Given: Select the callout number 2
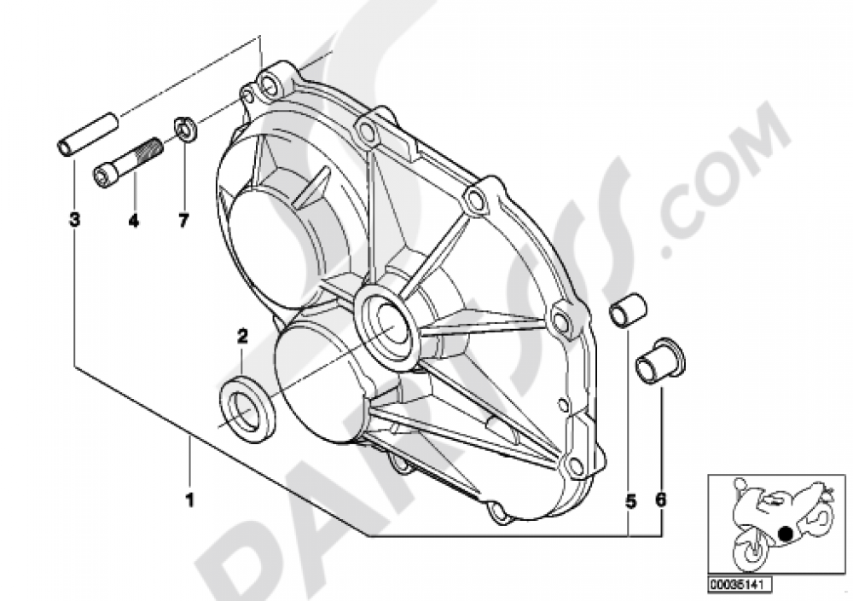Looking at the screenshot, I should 242,336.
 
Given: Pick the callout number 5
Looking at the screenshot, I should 630,502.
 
